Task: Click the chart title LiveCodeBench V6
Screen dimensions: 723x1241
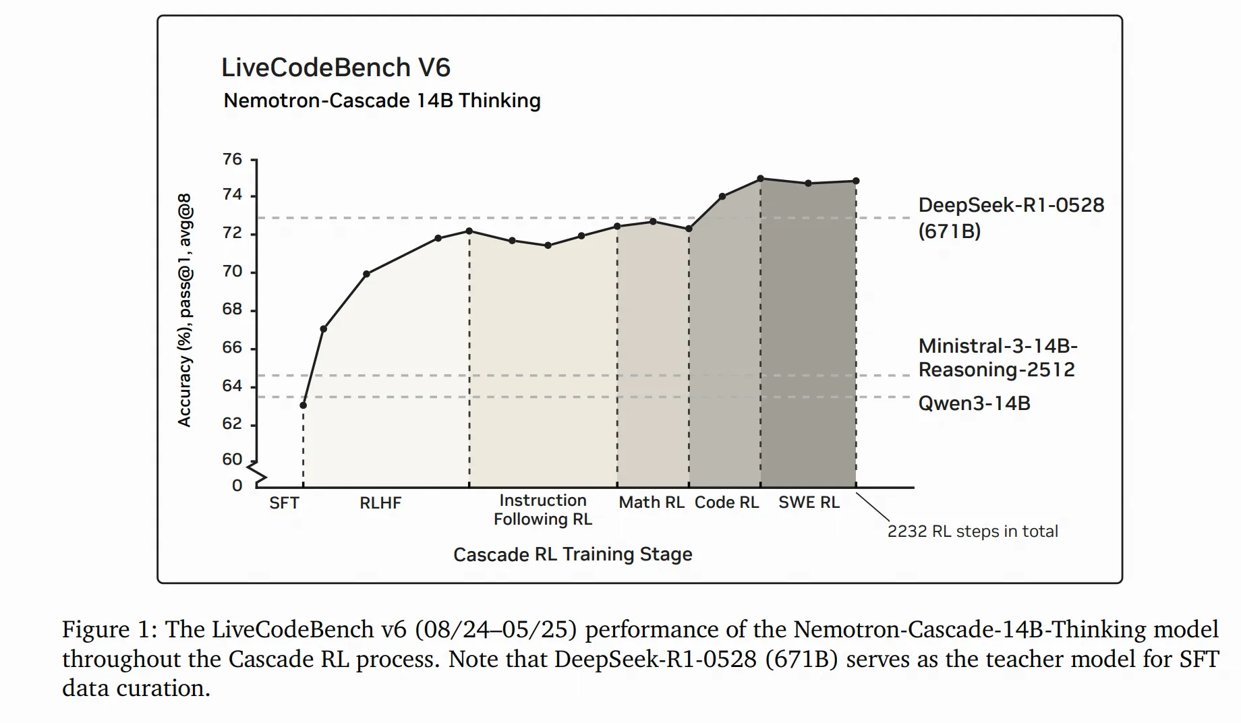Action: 335,67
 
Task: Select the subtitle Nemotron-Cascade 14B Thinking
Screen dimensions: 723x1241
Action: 382,100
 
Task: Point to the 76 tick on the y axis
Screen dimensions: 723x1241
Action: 233,159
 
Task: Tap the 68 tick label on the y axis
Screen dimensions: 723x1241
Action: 233,309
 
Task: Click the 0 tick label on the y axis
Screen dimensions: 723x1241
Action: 237,486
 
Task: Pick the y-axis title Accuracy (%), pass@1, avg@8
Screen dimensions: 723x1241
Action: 185,310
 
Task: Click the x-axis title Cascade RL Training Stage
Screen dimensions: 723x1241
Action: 573,554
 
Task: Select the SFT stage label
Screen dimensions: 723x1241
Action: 284,503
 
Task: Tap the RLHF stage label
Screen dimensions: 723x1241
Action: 380,503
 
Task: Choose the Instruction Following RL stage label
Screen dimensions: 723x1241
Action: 543,510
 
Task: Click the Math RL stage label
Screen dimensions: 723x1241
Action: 652,502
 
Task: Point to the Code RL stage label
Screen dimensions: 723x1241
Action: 727,502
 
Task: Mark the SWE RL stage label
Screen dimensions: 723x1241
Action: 809,502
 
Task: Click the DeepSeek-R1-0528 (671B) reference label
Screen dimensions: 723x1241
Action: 1011,218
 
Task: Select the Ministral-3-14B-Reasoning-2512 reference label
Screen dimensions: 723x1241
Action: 998,358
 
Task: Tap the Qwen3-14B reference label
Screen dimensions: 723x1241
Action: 974,403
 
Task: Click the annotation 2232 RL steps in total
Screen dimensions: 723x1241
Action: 972,531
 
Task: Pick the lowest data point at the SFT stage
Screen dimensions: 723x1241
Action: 304,405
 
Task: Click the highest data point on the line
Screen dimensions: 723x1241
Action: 761,179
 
